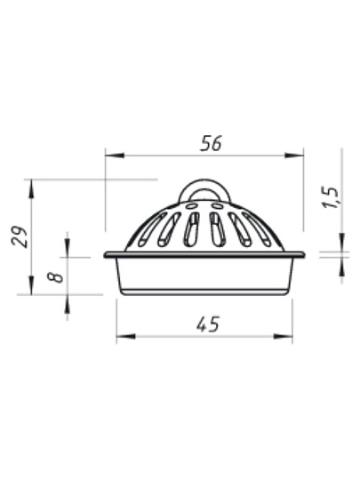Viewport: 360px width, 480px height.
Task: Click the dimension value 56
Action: [x=211, y=143]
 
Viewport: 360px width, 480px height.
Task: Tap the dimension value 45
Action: [x=208, y=324]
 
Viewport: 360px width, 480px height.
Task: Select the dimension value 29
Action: [x=20, y=236]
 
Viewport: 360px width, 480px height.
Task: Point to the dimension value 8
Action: [x=55, y=277]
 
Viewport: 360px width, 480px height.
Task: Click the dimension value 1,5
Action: [x=331, y=197]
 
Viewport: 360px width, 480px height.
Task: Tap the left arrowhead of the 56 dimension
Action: [x=115, y=156]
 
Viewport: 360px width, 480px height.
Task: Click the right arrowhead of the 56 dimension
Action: [x=294, y=156]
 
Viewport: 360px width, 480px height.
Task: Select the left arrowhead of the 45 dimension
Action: [x=126, y=336]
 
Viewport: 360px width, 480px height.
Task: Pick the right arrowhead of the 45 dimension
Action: [x=283, y=336]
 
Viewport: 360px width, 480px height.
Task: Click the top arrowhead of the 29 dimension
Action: [x=31, y=189]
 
